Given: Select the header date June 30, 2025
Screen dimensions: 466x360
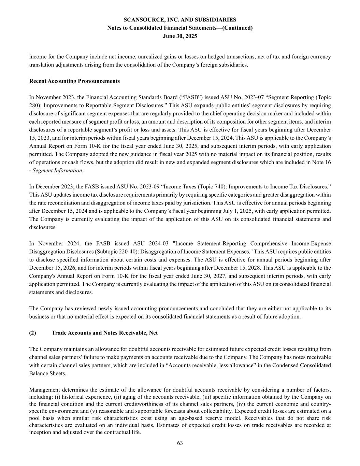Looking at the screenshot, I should [180, 36].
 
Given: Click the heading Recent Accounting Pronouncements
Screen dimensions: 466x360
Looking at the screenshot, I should [74, 81].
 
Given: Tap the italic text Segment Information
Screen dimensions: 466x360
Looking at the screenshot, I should [58, 170].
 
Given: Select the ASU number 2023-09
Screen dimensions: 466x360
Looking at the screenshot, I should [139, 187].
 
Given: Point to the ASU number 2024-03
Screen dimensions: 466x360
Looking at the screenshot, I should [159, 243].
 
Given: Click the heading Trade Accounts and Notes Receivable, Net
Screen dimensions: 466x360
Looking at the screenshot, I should [104, 333].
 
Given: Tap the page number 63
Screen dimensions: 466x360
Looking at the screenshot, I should [180, 443].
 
